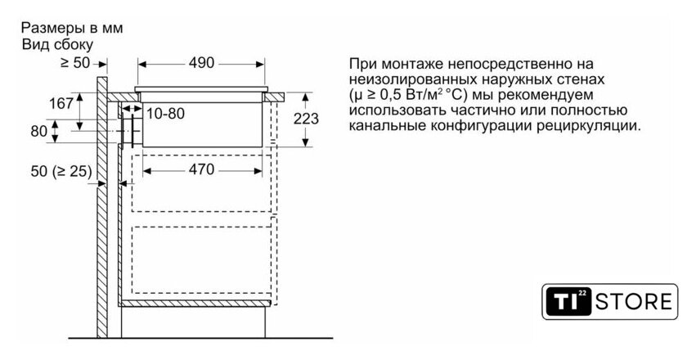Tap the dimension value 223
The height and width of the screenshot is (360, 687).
[x=306, y=119]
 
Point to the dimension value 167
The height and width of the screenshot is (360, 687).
[x=62, y=103]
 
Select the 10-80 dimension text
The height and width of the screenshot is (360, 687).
[x=166, y=114]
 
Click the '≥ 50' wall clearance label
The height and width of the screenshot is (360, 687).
[x=75, y=62]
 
